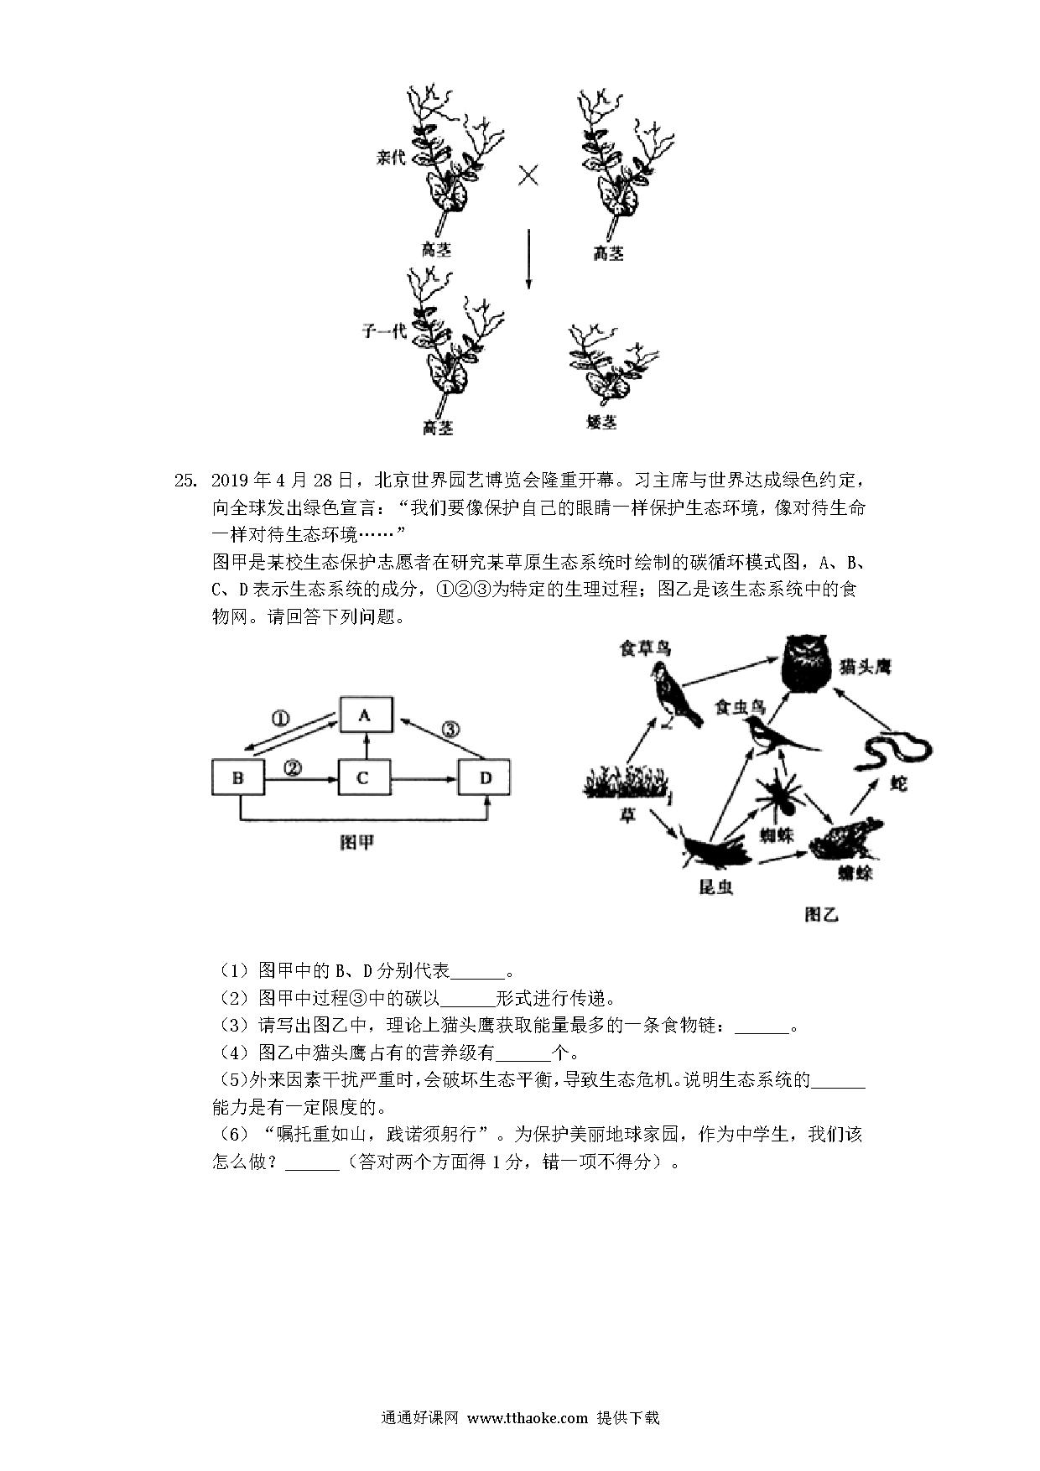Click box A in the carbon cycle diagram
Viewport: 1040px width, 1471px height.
pyautogui.click(x=364, y=715)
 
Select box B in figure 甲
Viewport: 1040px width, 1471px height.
pyautogui.click(x=238, y=777)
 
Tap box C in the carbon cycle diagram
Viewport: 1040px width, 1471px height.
pyautogui.click(x=362, y=777)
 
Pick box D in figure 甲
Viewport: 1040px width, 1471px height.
pyautogui.click(x=485, y=777)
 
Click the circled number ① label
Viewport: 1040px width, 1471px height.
pyautogui.click(x=280, y=718)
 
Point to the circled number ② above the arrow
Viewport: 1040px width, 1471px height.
pyautogui.click(x=293, y=767)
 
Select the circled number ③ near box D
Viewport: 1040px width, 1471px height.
pyautogui.click(x=451, y=729)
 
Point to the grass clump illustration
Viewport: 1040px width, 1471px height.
pyautogui.click(x=626, y=782)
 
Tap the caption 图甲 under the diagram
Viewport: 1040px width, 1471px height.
pyautogui.click(x=357, y=842)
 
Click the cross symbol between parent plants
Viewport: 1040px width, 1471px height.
pyautogui.click(x=528, y=176)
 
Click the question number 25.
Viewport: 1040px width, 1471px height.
pyautogui.click(x=184, y=481)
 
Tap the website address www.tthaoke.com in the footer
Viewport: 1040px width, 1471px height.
pyautogui.click(x=527, y=1417)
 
